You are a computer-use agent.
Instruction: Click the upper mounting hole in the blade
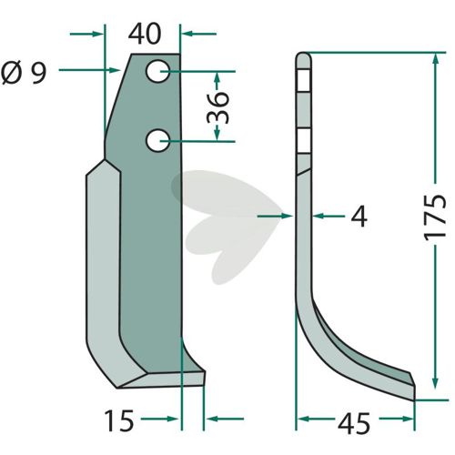click(158, 70)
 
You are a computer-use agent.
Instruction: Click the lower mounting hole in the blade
click(158, 139)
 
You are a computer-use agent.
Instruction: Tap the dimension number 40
click(146, 34)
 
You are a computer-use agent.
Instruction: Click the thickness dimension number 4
click(359, 217)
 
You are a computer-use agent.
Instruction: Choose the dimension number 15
click(118, 420)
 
